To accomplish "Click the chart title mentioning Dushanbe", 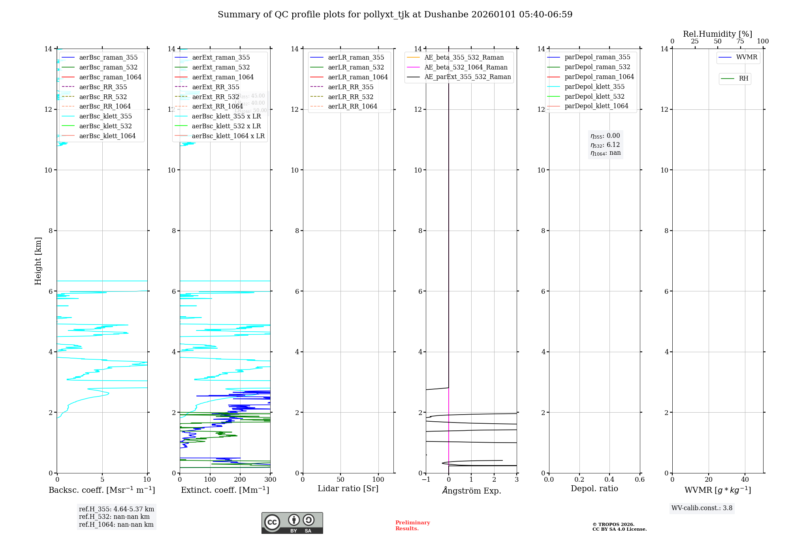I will tap(395, 15).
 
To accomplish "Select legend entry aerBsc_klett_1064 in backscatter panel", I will tap(107, 136).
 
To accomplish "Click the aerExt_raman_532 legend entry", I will tap(221, 67).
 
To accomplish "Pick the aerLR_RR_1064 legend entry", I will tap(352, 106).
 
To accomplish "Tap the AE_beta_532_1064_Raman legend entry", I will tap(466, 67).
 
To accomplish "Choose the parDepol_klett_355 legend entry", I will tap(594, 86).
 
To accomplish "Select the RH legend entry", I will tap(743, 79).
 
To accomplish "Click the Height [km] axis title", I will tap(38, 261).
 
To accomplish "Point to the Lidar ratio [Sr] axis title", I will tap(348, 488).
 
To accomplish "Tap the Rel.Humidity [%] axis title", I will tap(717, 34).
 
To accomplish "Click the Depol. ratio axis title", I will tap(594, 488).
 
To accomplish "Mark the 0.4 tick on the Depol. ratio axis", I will tap(609, 480).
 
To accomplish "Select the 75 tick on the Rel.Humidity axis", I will tap(740, 41).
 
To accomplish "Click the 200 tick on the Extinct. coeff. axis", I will tap(240, 480).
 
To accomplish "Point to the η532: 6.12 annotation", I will tap(605, 145).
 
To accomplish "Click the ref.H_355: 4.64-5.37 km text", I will tap(117, 509).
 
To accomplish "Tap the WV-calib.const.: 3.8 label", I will tap(702, 508).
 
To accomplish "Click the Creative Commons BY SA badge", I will tap(292, 523).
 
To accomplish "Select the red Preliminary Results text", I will tap(412, 526).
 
